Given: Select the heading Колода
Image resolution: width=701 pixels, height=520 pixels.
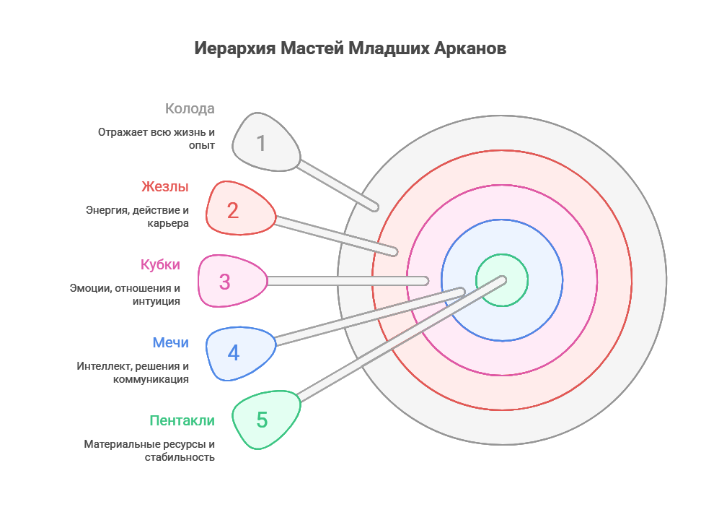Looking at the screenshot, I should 190,109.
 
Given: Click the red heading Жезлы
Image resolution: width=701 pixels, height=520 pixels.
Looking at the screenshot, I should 165,186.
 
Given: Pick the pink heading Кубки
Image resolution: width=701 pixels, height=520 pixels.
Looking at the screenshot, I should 160,264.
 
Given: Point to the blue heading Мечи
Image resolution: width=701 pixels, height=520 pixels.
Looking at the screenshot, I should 170,342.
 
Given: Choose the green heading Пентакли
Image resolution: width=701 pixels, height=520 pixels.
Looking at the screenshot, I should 182,420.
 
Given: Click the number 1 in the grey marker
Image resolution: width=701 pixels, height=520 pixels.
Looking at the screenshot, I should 261,144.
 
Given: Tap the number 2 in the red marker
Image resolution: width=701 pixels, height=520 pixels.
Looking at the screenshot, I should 232,211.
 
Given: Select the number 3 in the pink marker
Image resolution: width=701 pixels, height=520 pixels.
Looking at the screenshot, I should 224,282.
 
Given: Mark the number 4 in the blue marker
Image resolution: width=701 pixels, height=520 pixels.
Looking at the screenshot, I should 233,353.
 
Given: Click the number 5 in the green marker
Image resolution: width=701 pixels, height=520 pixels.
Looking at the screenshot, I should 262,420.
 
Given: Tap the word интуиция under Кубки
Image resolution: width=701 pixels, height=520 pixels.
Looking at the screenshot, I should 156,301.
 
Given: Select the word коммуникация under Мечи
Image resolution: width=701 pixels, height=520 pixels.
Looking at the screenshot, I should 151,379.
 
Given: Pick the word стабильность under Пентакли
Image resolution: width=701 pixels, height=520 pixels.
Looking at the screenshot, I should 179,457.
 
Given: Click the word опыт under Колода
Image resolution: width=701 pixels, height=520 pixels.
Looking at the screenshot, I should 202,146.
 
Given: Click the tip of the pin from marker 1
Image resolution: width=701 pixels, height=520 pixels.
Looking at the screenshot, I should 374,207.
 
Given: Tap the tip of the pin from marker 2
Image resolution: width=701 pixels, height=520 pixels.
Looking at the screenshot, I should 394,252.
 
